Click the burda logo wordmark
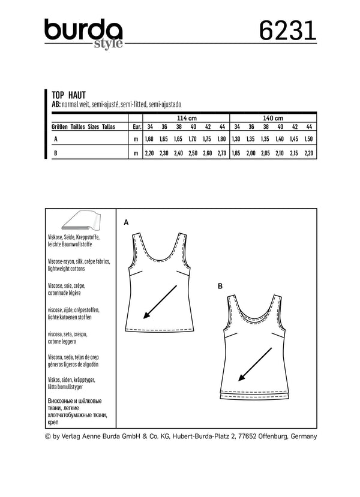83,28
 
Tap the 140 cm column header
273,118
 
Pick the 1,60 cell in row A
149,139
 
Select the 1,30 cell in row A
237,139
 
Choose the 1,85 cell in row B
237,153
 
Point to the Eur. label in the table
136,127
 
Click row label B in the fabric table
55,153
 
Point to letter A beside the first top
127,222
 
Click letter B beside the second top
220,288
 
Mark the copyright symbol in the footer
49,436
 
